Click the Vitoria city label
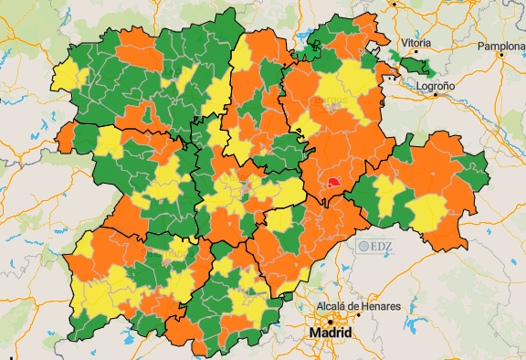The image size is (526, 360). (x=416, y=43)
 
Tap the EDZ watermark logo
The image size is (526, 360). (x=374, y=245)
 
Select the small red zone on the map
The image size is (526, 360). (x=333, y=183)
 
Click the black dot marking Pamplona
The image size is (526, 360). (x=501, y=55)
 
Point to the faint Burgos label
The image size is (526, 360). (x=331, y=99)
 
